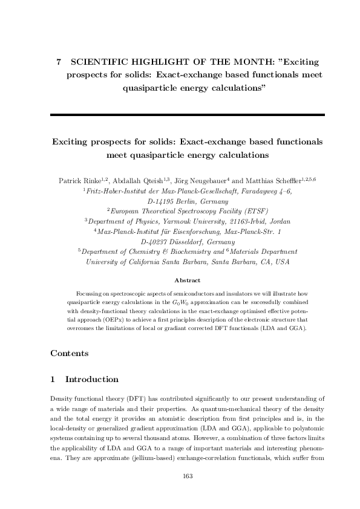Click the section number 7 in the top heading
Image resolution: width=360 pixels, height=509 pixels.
coord(58,62)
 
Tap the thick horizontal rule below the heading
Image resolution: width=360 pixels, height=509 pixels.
coord(187,114)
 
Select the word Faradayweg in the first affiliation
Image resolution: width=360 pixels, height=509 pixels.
coord(254,191)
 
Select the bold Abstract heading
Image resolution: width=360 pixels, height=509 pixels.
coord(187,280)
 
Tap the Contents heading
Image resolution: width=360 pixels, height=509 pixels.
coord(70,352)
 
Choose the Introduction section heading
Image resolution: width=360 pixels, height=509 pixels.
coord(91,379)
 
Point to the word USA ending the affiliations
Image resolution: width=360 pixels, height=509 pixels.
coord(281,262)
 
